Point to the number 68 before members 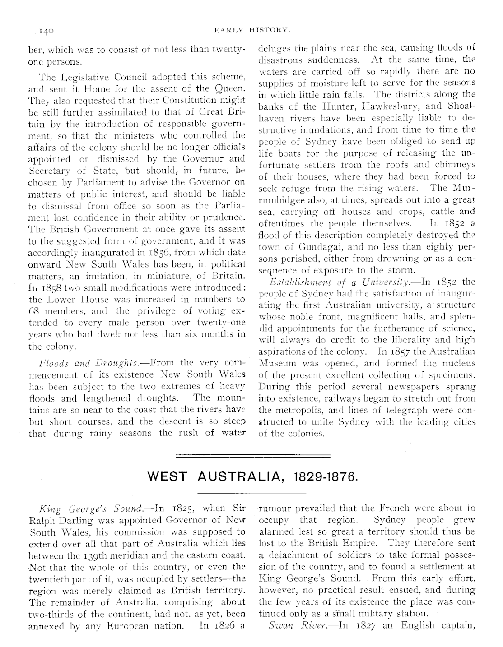[34, 311]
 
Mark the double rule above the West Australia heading [253, 456]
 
